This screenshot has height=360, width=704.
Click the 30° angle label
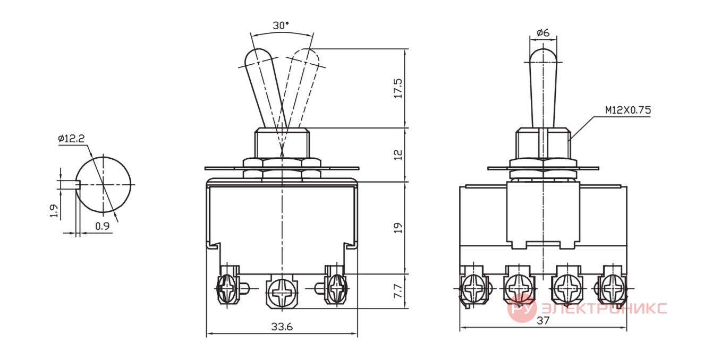[x=281, y=25]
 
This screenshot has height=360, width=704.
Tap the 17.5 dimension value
[x=398, y=89]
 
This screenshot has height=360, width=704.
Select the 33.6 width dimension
[x=282, y=327]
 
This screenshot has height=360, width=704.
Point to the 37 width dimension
[x=543, y=321]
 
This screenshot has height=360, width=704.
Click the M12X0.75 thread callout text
[x=628, y=110]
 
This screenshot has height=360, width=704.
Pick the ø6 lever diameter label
[x=543, y=32]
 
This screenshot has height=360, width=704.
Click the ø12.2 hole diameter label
[x=71, y=139]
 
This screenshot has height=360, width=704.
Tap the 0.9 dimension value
[x=102, y=226]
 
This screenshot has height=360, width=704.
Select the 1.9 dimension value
[x=54, y=211]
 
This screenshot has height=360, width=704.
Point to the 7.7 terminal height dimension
[x=398, y=291]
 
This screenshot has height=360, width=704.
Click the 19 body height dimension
[x=398, y=228]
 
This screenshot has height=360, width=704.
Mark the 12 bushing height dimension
[x=398, y=155]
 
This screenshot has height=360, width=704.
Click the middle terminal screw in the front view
[x=282, y=292]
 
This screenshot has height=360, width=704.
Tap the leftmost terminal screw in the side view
[x=473, y=288]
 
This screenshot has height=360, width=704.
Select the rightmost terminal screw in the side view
[x=613, y=288]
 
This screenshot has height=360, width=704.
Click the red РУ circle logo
[x=522, y=308]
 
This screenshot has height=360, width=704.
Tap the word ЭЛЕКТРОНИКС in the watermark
[x=604, y=308]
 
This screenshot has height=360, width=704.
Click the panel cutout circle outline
[x=131, y=185]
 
